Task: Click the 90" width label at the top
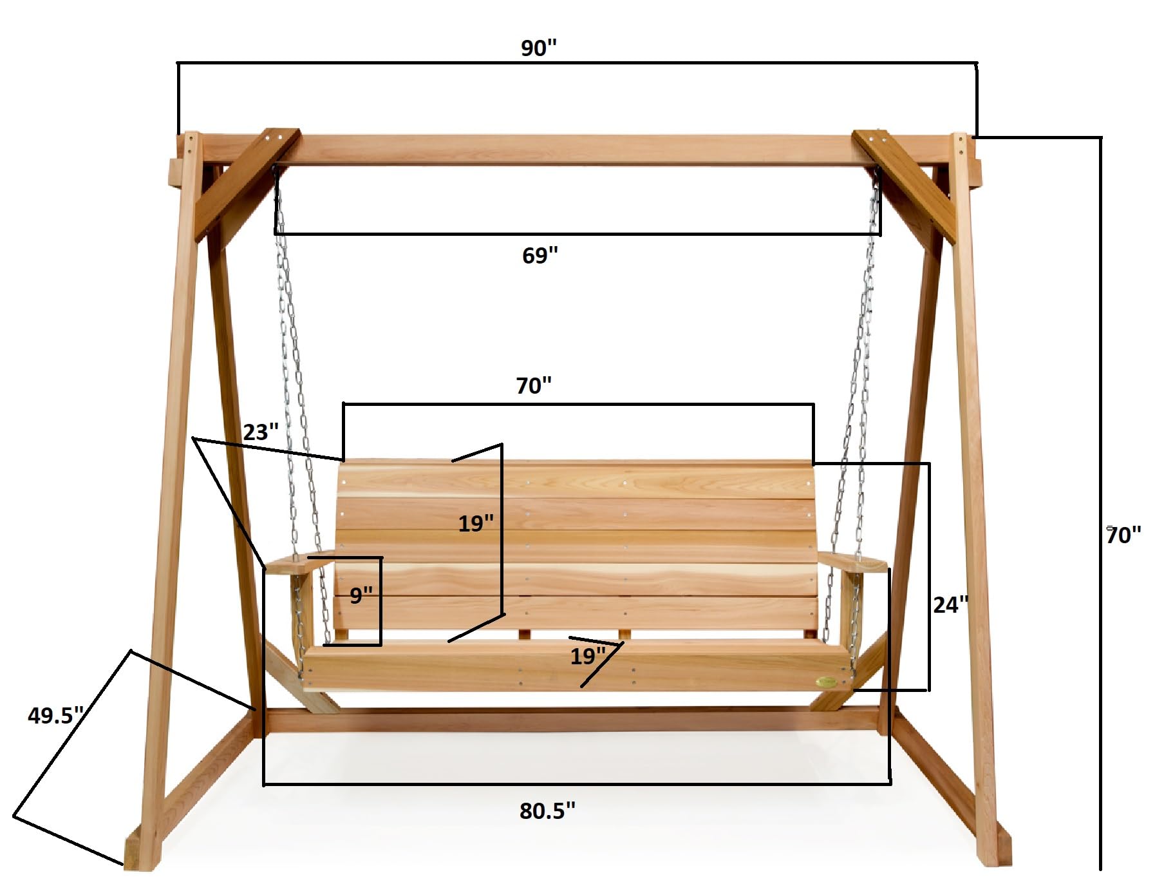point(538,48)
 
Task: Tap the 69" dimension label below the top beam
point(540,256)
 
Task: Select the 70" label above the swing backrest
point(534,386)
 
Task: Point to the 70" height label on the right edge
point(1123,535)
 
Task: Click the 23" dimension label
point(261,432)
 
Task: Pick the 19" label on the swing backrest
point(476,523)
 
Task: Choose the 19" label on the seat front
point(588,657)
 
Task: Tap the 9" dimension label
point(361,595)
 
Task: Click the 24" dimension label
point(950,605)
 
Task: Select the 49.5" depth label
point(55,716)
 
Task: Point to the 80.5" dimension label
point(547,811)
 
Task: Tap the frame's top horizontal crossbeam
point(573,149)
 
